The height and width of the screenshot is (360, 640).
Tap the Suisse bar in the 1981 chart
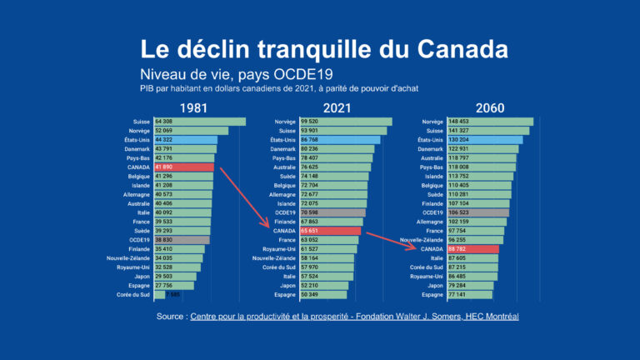tap(199, 122)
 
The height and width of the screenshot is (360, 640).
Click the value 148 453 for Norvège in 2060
tap(459, 122)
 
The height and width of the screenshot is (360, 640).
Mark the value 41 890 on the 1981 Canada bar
tap(164, 167)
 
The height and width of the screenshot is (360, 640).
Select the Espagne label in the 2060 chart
tap(432, 294)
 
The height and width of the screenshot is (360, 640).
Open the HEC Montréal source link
tap(353, 317)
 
